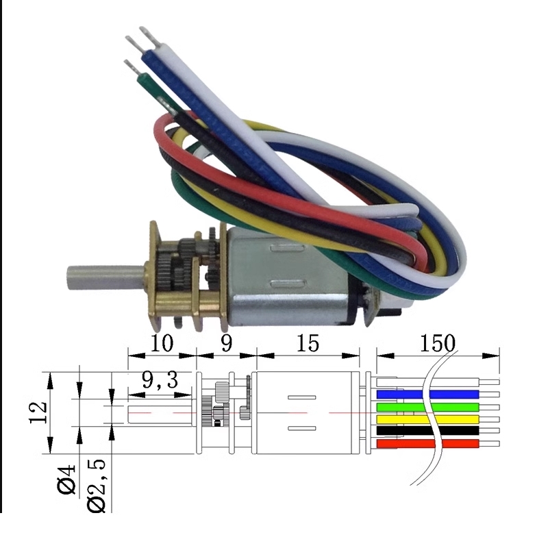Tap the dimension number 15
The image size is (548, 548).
[x=308, y=343]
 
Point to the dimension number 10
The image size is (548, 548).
[x=162, y=343]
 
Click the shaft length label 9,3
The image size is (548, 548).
[x=160, y=381]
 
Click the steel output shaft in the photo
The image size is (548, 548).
[x=103, y=275]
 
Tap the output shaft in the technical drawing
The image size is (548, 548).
[x=162, y=413]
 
